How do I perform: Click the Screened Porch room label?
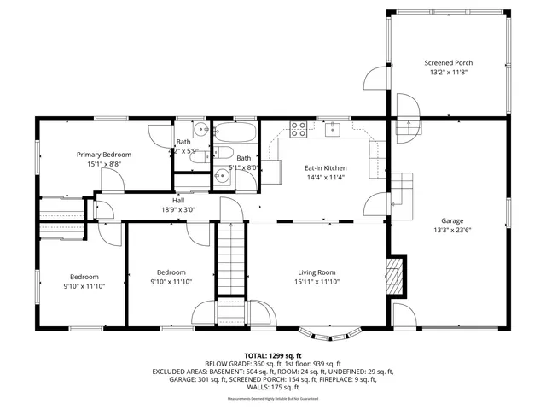tap(449, 63)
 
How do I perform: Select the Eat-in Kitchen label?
tap(326, 169)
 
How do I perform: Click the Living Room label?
tap(317, 272)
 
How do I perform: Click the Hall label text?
tap(178, 201)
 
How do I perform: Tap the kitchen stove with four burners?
tap(299, 130)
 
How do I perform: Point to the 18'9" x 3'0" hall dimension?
tap(178, 209)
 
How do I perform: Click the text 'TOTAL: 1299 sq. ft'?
tap(273, 355)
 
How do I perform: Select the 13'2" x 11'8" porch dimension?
tap(449, 73)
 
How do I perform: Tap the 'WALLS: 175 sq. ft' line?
tap(273, 387)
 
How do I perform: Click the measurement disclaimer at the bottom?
tap(273, 399)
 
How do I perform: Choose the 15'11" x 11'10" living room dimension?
tap(317, 281)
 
